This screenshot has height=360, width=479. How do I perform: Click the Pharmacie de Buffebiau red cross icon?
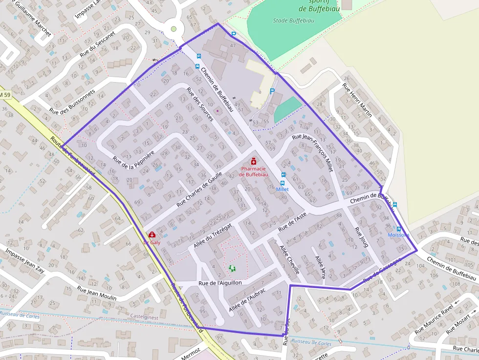click(254, 161)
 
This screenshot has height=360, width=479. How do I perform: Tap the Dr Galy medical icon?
click(152, 234)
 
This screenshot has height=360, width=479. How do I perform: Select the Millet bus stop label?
click(283, 189)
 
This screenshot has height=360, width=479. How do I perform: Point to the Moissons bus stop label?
click(398, 235)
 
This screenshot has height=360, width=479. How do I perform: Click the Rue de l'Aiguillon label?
click(220, 283)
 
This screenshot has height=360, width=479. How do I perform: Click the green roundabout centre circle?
click(173, 29)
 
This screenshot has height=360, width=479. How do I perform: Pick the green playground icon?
click(232, 268)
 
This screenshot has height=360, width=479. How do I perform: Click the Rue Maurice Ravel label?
click(434, 320)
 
